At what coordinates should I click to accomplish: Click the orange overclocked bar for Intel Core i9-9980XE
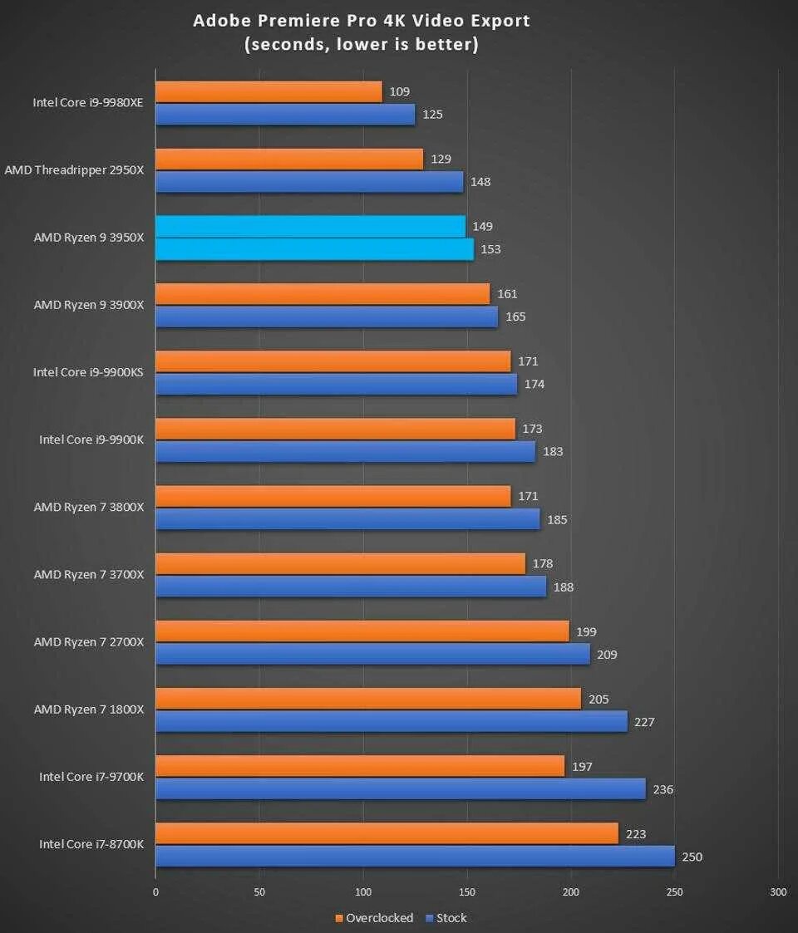pyautogui.click(x=268, y=91)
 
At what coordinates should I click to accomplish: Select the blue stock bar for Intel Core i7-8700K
pyautogui.click(x=415, y=857)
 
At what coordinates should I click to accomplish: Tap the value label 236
pyautogui.click(x=663, y=789)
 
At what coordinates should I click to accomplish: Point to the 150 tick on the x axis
pyautogui.click(x=467, y=892)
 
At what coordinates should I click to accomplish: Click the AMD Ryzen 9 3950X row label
pyautogui.click(x=89, y=238)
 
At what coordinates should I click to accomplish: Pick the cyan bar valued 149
pyautogui.click(x=310, y=226)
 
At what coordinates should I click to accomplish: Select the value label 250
pyautogui.click(x=692, y=857)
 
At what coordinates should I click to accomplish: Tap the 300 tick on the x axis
pyautogui.click(x=778, y=892)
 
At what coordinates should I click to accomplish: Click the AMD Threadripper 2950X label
pyautogui.click(x=74, y=170)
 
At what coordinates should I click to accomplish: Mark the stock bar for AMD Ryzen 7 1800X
pyautogui.click(x=391, y=721)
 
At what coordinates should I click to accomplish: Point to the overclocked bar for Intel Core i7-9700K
pyautogui.click(x=360, y=766)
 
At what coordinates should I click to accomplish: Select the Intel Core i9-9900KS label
pyautogui.click(x=88, y=372)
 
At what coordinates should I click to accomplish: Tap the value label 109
pyautogui.click(x=399, y=91)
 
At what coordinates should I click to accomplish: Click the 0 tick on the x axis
pyautogui.click(x=155, y=892)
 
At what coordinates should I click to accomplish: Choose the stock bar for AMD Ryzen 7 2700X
pyautogui.click(x=372, y=654)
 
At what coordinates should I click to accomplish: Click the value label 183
pyautogui.click(x=553, y=452)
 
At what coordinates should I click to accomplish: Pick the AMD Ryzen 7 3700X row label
pyautogui.click(x=89, y=575)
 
